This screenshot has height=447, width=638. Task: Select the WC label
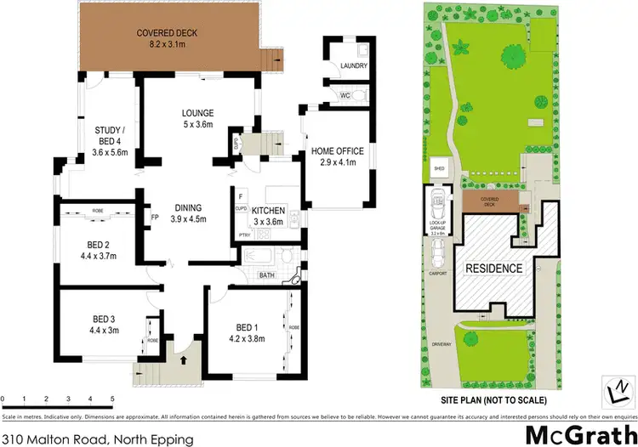pos(345,96)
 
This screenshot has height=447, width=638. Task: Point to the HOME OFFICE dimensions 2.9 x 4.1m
pos(337,161)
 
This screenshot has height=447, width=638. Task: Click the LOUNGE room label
pos(197,113)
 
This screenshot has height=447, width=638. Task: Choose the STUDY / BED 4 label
pos(111,136)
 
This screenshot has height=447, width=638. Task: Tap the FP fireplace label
pos(154,217)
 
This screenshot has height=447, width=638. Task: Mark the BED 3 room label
pos(103,320)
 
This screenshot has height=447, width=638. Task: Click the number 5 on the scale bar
pos(112,399)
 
